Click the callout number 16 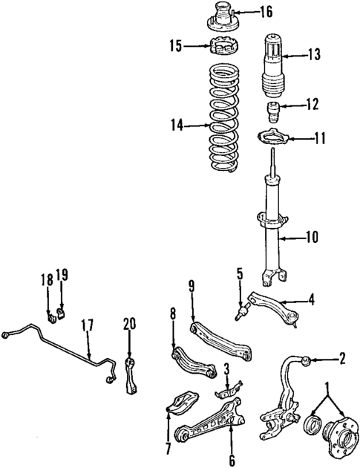[x=246, y=11]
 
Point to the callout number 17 [x=88, y=325]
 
